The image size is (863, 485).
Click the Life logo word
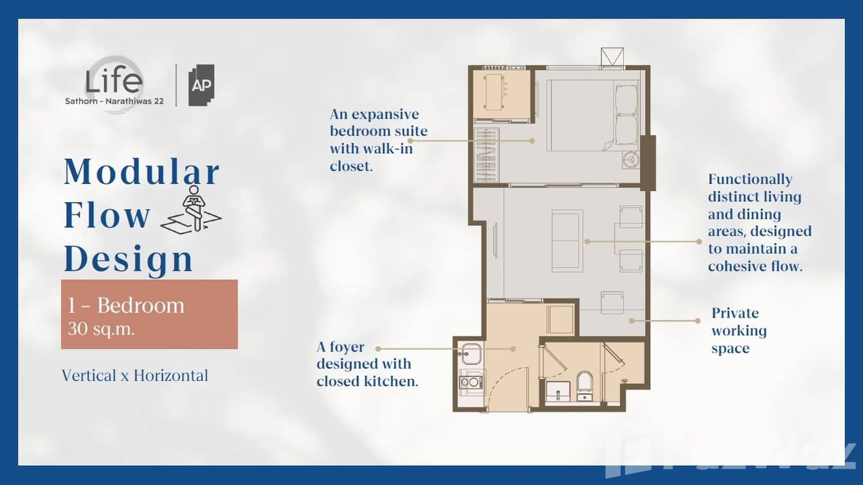114,81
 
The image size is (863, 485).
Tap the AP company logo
201,85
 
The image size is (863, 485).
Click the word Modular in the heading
141,172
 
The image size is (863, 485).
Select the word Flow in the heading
107,215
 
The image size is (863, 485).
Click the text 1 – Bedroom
126,305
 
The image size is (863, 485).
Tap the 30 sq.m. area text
101,329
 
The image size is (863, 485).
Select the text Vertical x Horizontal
135,376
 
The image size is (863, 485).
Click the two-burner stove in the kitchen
471,382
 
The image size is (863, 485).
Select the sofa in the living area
567,241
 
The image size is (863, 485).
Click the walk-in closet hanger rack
486,155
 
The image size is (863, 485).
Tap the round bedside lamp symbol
631,159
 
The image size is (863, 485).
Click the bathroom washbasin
558,391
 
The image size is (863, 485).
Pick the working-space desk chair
612,303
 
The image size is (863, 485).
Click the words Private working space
739,331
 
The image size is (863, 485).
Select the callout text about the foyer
367,364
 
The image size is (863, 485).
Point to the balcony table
494,92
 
